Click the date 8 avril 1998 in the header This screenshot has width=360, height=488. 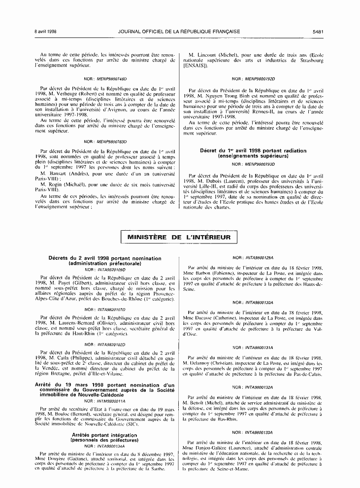[46, 32]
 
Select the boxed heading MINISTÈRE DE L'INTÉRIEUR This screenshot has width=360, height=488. [179, 238]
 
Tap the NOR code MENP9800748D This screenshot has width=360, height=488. [111, 78]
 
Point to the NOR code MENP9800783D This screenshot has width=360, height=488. [111, 141]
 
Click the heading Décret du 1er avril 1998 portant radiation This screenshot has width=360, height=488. [253, 151]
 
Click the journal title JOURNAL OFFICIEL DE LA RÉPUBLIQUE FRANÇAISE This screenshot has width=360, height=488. [179, 32]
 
